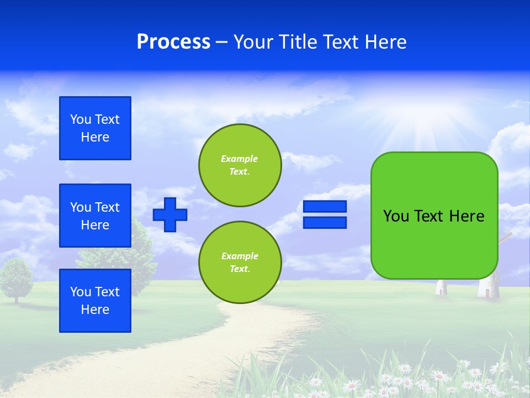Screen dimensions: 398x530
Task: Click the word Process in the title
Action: (173, 42)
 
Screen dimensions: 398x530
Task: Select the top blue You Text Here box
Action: (95, 128)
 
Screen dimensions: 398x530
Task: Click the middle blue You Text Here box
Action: (95, 216)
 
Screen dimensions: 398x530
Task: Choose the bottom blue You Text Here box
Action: (95, 301)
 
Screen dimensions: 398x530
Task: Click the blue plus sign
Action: (170, 214)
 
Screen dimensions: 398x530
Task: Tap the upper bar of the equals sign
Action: (325, 206)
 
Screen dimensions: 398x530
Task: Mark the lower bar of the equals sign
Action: (325, 222)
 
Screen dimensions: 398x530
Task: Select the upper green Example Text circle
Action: (240, 165)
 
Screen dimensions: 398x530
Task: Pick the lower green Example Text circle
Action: (240, 263)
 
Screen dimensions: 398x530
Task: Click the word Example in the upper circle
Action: (240, 159)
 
